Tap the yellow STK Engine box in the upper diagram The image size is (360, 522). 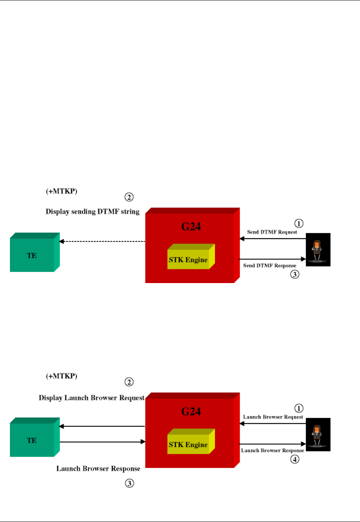click(188, 260)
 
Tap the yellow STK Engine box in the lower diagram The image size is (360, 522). click(188, 445)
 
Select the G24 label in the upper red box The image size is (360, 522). click(191, 227)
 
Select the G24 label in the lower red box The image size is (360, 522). click(191, 412)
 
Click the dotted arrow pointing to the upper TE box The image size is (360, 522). click(102, 241)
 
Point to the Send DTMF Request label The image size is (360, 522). click(272, 232)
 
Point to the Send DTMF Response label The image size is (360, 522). click(270, 265)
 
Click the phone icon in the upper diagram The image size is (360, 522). click(318, 250)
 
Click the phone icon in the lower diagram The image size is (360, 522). click(318, 435)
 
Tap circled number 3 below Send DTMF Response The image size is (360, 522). click(295, 274)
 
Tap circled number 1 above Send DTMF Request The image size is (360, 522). click(299, 223)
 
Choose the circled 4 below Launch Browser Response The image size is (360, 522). click(295, 459)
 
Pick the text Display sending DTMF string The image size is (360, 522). click(92, 211)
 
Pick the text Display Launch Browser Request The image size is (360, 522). click(91, 398)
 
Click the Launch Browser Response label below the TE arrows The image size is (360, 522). click(98, 469)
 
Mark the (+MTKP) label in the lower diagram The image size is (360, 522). click(62, 376)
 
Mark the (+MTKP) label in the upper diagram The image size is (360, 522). click(62, 191)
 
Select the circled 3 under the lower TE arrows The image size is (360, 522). click(129, 483)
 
